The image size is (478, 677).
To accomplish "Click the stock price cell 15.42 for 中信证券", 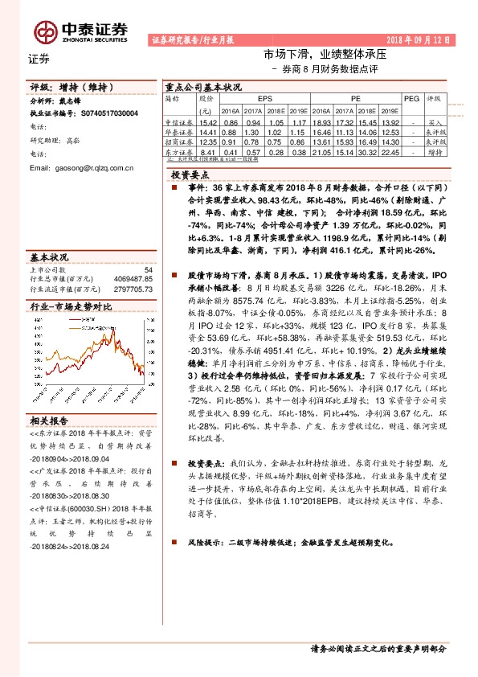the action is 208,121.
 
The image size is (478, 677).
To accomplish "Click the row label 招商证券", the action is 178,141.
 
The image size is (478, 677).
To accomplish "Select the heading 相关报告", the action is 47,420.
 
